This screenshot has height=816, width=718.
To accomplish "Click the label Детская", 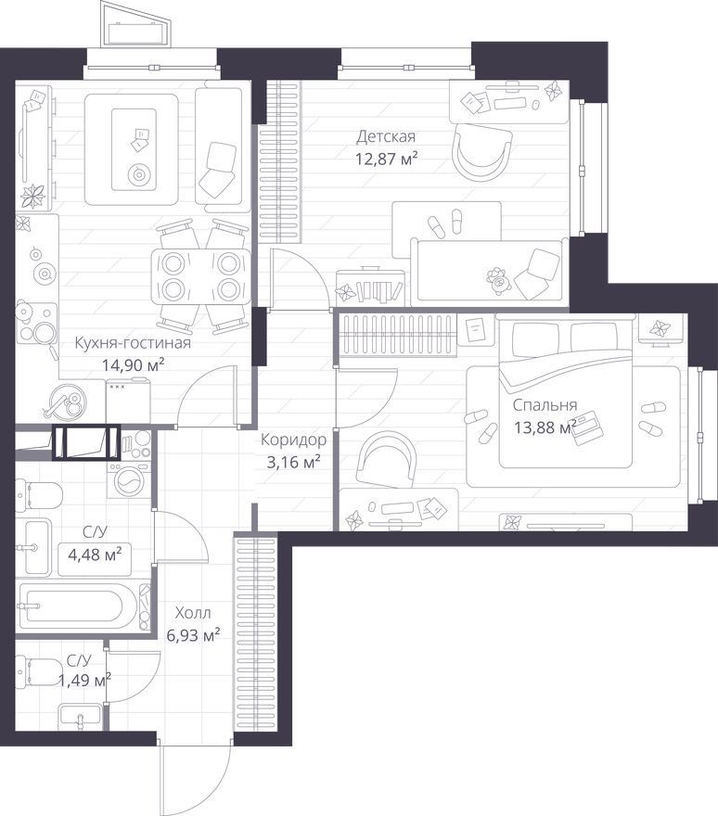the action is pyautogui.click(x=386, y=137).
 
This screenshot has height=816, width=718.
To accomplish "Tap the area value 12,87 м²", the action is pyautogui.click(x=386, y=159).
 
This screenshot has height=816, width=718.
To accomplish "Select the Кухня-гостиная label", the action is pyautogui.click(x=133, y=343).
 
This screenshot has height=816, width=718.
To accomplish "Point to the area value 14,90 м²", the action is pyautogui.click(x=133, y=364).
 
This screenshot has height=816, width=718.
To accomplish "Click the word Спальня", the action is pyautogui.click(x=545, y=405).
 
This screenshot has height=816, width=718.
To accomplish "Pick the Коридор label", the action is pyautogui.click(x=294, y=440).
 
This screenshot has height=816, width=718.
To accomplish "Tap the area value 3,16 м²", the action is pyautogui.click(x=293, y=462).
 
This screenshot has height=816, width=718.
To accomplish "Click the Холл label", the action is pyautogui.click(x=193, y=613).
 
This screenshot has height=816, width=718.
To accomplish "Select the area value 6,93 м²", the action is pyautogui.click(x=193, y=635).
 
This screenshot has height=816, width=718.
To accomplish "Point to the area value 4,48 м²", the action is pyautogui.click(x=95, y=554).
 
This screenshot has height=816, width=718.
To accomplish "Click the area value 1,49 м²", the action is pyautogui.click(x=84, y=680).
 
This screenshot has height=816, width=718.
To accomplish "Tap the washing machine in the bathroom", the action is pyautogui.click(x=129, y=480).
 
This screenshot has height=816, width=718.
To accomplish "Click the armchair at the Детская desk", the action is pyautogui.click(x=481, y=152).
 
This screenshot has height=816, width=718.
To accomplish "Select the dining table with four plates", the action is pyautogui.click(x=201, y=276).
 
